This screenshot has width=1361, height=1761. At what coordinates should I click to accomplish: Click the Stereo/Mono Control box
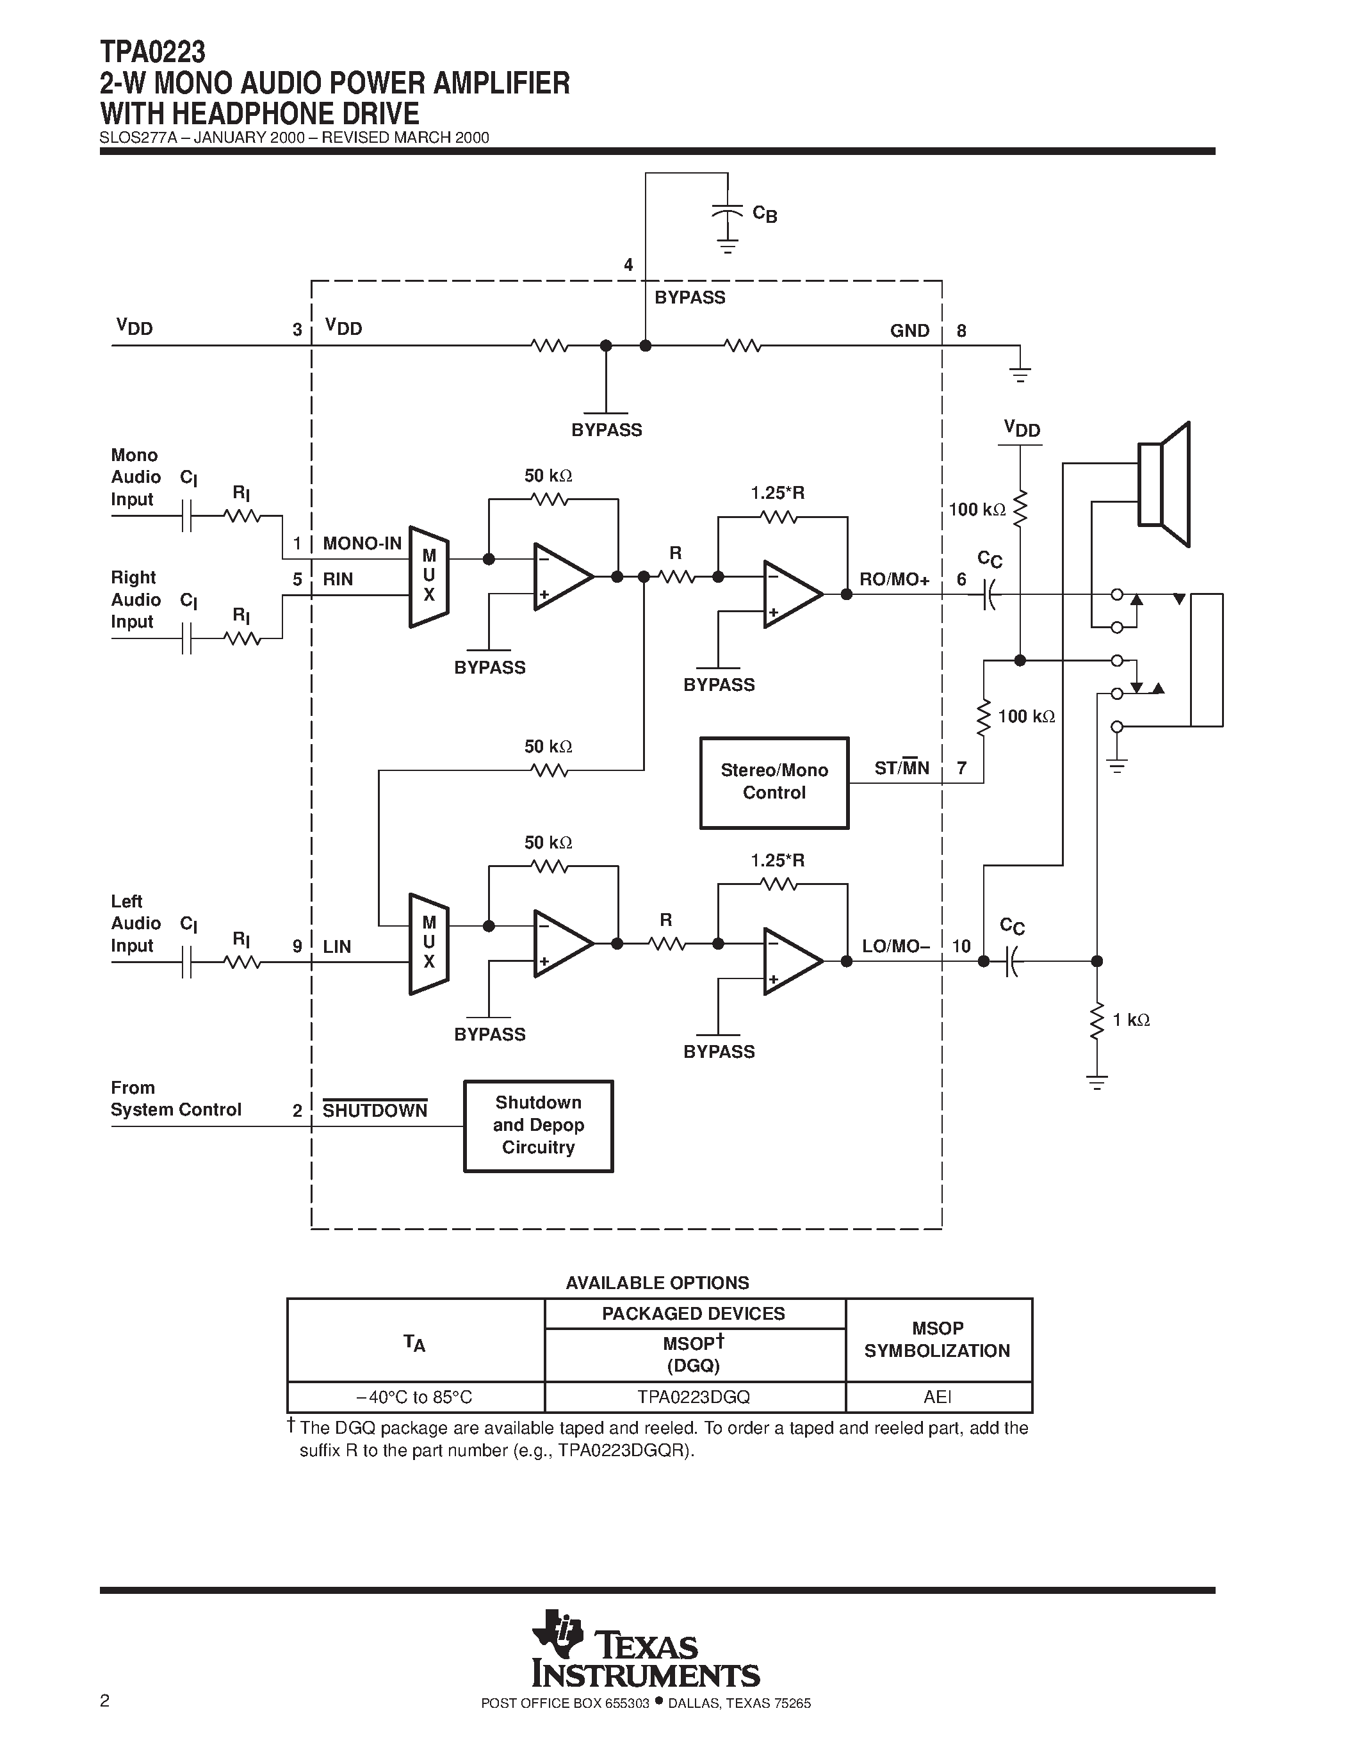coord(774,782)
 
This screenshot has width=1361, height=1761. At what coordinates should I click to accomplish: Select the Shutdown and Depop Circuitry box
coord(538,1126)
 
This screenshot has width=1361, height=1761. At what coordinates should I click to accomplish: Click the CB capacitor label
coord(764,214)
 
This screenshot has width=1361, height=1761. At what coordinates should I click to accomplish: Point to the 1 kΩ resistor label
coord(1130,1020)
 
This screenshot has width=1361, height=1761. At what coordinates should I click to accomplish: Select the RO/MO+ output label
coord(894,580)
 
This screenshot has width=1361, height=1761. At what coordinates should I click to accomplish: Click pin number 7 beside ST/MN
coord(962,768)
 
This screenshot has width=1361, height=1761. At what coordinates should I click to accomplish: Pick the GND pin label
coord(909,330)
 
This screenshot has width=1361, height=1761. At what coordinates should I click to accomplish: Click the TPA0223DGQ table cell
coord(694,1397)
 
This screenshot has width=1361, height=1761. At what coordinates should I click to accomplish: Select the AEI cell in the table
coord(938,1397)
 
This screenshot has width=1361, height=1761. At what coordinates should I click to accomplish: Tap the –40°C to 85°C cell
coord(414,1397)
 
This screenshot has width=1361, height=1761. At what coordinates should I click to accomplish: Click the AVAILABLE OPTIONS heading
coord(657,1283)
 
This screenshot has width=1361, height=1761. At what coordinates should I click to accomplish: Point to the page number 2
coord(105,1701)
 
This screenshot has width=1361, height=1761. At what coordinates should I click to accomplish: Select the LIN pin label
coord(337,946)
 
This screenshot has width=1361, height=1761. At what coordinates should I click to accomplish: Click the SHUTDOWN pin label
coord(375,1110)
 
